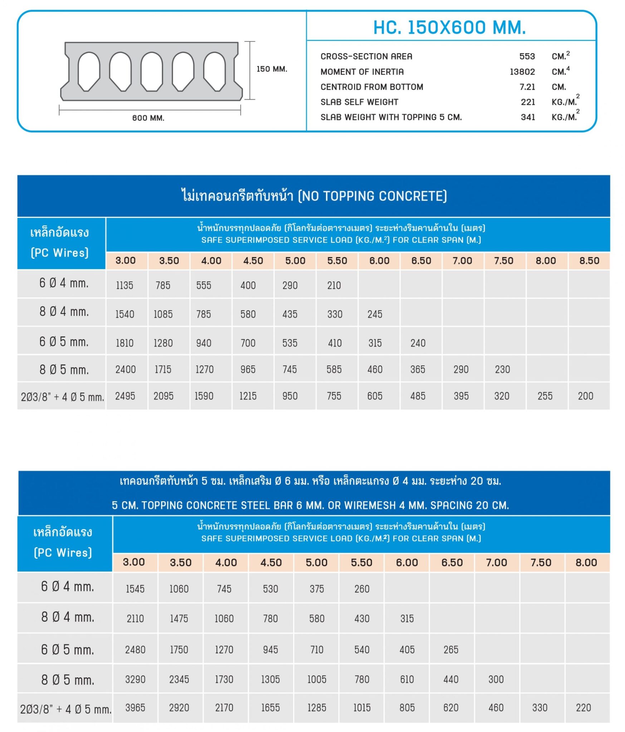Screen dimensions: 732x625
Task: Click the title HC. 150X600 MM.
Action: [449, 28]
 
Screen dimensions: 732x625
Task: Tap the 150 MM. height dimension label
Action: [272, 69]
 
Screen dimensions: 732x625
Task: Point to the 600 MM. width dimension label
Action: [148, 118]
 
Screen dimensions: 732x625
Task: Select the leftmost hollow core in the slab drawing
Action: [88, 71]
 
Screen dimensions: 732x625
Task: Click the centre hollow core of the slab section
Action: [151, 71]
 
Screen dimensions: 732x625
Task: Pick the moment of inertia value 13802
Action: [522, 72]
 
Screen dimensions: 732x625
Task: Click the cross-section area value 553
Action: [527, 56]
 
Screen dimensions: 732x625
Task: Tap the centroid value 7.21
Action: [527, 87]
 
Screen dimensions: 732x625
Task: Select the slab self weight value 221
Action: [528, 102]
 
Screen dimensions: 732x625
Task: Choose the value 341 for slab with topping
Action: [528, 117]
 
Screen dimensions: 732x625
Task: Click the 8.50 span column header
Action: [589, 261]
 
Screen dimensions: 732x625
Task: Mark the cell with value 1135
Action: [124, 285]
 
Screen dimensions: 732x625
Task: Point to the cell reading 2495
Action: [125, 396]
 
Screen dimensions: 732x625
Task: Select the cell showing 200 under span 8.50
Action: [585, 396]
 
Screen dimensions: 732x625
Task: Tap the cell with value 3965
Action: [135, 708]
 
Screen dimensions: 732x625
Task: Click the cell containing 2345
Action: [179, 679]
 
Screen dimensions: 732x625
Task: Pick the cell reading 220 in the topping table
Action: [583, 708]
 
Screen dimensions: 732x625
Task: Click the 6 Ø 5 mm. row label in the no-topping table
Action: [64, 342]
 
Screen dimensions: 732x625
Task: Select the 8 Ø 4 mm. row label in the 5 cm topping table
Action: [67, 617]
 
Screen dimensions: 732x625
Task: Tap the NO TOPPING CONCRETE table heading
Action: [314, 196]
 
